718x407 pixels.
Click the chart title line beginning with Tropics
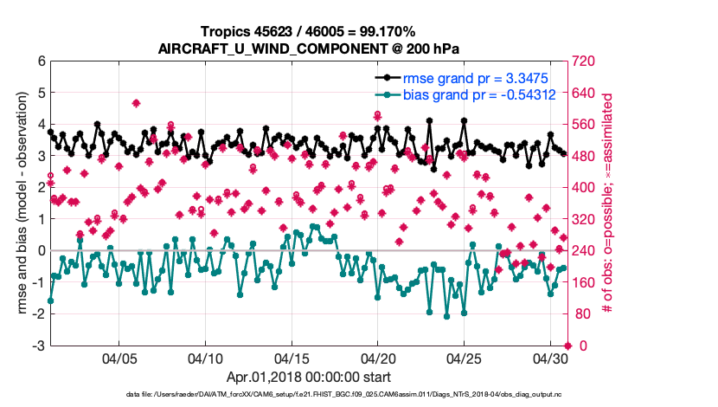[309, 32]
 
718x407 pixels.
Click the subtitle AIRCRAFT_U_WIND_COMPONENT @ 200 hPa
[309, 48]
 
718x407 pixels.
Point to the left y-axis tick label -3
[38, 346]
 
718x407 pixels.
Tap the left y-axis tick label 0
[41, 251]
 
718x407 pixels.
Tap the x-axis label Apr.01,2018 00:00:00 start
[309, 377]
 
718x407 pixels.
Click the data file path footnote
[309, 394]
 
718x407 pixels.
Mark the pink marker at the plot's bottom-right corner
[567, 346]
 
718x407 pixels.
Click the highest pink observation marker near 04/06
[137, 103]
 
